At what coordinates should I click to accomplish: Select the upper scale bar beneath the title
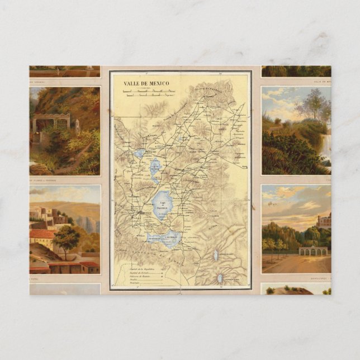click(x=149, y=91)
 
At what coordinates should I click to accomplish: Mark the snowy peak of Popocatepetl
click(x=220, y=278)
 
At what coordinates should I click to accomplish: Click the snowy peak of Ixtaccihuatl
click(x=215, y=255)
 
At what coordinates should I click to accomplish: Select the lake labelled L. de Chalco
click(x=171, y=239)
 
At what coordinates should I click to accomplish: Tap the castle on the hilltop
click(x=324, y=220)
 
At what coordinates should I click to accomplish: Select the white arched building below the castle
click(x=312, y=251)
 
